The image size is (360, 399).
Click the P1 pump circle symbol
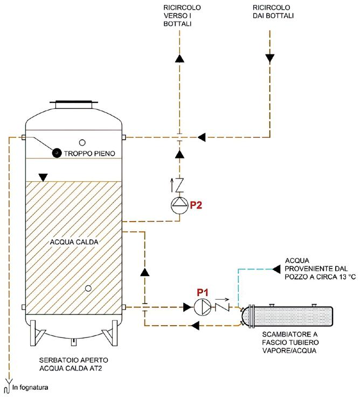(x=203, y=307)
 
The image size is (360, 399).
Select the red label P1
(x=203, y=292)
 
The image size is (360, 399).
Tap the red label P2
(x=196, y=205)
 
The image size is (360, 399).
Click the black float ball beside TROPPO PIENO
(x=57, y=153)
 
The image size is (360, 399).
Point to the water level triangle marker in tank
(x=43, y=177)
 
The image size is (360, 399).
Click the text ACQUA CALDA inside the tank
(x=74, y=242)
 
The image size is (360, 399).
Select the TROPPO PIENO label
(x=89, y=154)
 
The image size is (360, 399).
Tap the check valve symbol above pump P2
(x=179, y=185)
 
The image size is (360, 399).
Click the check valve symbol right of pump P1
(x=223, y=307)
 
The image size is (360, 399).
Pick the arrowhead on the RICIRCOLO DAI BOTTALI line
(x=270, y=59)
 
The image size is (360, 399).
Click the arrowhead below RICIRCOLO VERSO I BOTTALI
(x=179, y=59)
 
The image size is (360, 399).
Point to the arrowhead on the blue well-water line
(x=276, y=269)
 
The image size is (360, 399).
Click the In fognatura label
(x=30, y=388)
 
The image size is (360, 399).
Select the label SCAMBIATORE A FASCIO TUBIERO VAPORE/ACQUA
(x=290, y=342)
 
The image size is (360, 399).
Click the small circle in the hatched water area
(x=88, y=288)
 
